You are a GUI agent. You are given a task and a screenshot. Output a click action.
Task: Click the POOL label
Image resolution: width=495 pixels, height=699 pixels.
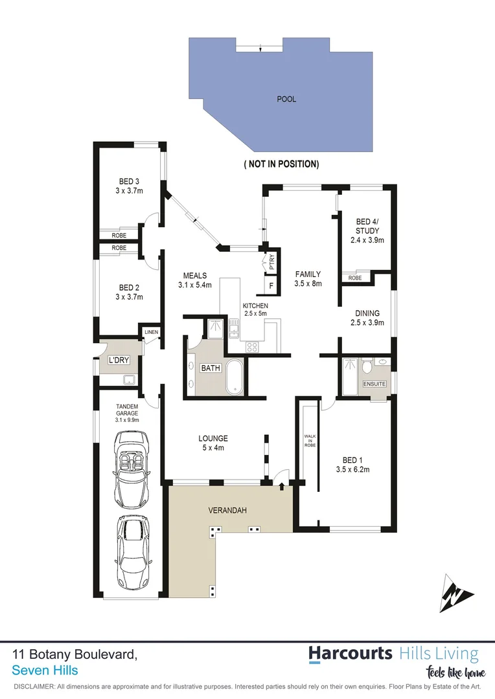286,99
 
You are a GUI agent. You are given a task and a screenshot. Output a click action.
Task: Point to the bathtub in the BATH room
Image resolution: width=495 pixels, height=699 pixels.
234,379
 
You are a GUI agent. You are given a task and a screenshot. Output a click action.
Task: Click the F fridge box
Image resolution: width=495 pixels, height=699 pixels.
271,285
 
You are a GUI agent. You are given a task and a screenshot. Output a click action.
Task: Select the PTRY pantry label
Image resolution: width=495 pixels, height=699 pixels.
271,261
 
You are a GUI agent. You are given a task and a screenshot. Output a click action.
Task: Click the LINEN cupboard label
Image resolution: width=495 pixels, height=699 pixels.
151,332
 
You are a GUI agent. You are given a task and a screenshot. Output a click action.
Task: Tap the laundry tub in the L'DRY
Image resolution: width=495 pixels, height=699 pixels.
128,380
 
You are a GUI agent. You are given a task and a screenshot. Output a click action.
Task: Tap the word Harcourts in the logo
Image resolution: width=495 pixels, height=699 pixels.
350,654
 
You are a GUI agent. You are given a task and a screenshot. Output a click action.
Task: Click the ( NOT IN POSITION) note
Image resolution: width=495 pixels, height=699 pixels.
281,164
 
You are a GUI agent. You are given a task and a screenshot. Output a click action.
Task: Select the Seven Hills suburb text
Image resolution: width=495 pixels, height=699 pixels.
45,669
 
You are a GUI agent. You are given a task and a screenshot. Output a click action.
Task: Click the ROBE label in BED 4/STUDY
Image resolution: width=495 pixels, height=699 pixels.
355,278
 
